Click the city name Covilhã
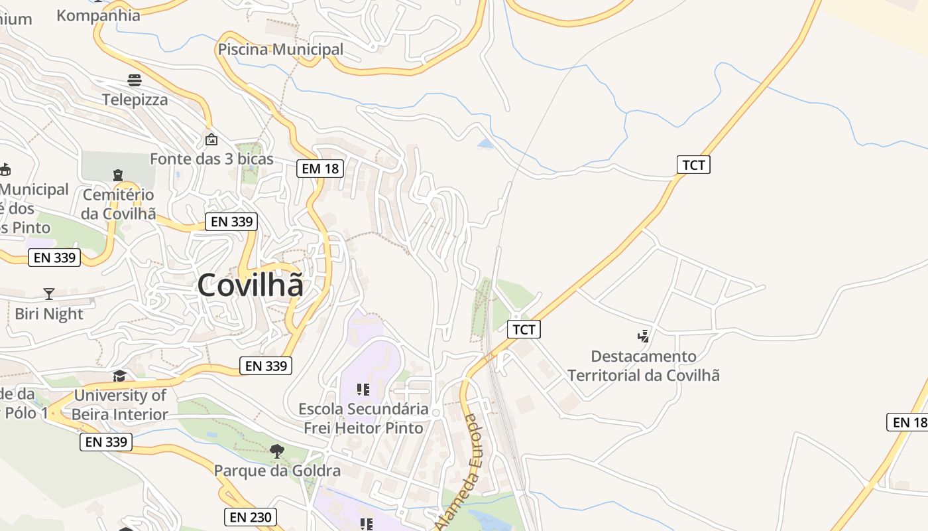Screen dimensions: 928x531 (251, 285)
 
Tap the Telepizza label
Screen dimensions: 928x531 (135, 100)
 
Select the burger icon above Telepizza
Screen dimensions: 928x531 (135, 80)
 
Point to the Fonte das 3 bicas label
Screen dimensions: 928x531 (211, 159)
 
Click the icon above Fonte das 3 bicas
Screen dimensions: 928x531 (211, 139)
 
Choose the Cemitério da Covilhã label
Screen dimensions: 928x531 (119, 204)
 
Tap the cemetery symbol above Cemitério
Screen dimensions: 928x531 (118, 175)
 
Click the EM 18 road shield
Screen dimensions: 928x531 (320, 169)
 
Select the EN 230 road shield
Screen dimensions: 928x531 (250, 517)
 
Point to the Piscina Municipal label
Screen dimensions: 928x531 (280, 49)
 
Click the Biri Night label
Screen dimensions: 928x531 (49, 313)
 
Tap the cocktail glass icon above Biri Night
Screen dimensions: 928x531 (48, 293)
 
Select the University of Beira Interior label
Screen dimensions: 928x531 (120, 405)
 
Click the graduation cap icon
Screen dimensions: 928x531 (119, 376)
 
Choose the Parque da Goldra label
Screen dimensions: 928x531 (277, 471)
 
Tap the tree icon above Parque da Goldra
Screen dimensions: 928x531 (277, 451)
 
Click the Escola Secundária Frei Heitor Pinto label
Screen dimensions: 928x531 (363, 418)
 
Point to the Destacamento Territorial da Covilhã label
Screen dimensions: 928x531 (643, 366)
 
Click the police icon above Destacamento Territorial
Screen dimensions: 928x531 (643, 336)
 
